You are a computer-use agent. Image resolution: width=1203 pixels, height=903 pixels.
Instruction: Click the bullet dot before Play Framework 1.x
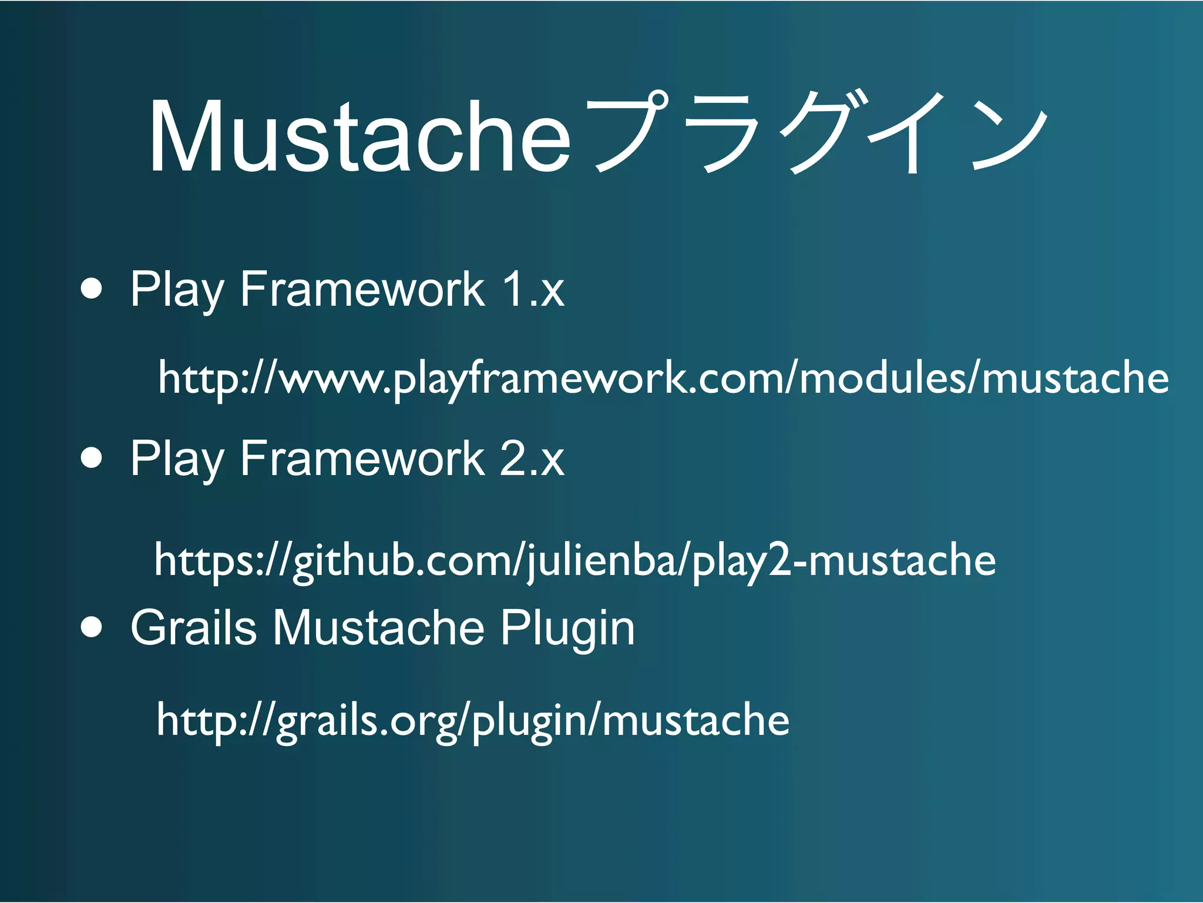(92, 289)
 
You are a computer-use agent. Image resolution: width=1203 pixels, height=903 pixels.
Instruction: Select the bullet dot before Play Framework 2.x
(92, 458)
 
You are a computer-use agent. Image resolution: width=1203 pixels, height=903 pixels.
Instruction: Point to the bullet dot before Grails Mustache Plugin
(92, 627)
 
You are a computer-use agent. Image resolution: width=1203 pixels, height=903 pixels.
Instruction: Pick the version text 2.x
(532, 458)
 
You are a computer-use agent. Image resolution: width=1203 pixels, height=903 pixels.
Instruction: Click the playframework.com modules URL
(663, 378)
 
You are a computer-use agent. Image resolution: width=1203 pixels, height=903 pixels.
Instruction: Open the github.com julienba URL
(574, 560)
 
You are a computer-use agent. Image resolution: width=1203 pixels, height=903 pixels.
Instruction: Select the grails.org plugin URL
(473, 720)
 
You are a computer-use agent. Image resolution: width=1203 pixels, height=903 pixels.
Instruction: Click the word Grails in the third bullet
(193, 627)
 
